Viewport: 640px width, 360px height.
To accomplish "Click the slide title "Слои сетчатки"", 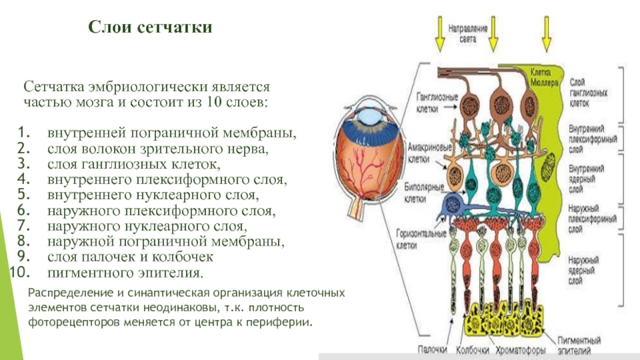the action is [150, 28].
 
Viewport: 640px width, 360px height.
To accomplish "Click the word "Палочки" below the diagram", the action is [433, 350].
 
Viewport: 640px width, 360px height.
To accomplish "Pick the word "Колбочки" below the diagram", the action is [472, 350].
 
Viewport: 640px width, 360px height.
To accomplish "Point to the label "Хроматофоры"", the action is [517, 350].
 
